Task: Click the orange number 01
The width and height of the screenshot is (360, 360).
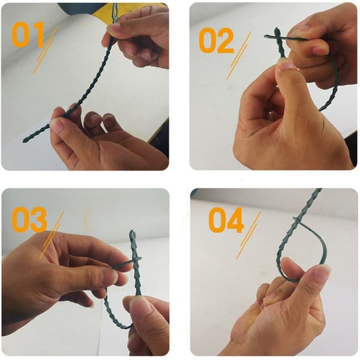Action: (x=28, y=34)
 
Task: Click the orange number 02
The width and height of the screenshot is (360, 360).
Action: (x=216, y=40)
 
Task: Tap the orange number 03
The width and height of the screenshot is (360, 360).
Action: (x=29, y=219)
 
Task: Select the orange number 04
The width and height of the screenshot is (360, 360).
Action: (x=226, y=220)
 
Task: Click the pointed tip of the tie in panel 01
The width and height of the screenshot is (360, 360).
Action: (x=24, y=140)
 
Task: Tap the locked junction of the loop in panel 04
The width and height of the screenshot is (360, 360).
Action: (x=298, y=220)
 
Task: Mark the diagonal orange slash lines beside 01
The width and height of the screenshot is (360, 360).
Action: (x=45, y=50)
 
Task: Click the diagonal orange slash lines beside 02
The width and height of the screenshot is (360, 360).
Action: (x=239, y=56)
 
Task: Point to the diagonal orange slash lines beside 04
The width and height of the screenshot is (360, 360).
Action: (x=248, y=235)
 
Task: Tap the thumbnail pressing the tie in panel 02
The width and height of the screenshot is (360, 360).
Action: (x=286, y=64)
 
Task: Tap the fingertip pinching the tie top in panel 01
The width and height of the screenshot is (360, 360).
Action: (x=113, y=28)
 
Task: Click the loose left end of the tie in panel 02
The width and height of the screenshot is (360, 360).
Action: (x=266, y=36)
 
